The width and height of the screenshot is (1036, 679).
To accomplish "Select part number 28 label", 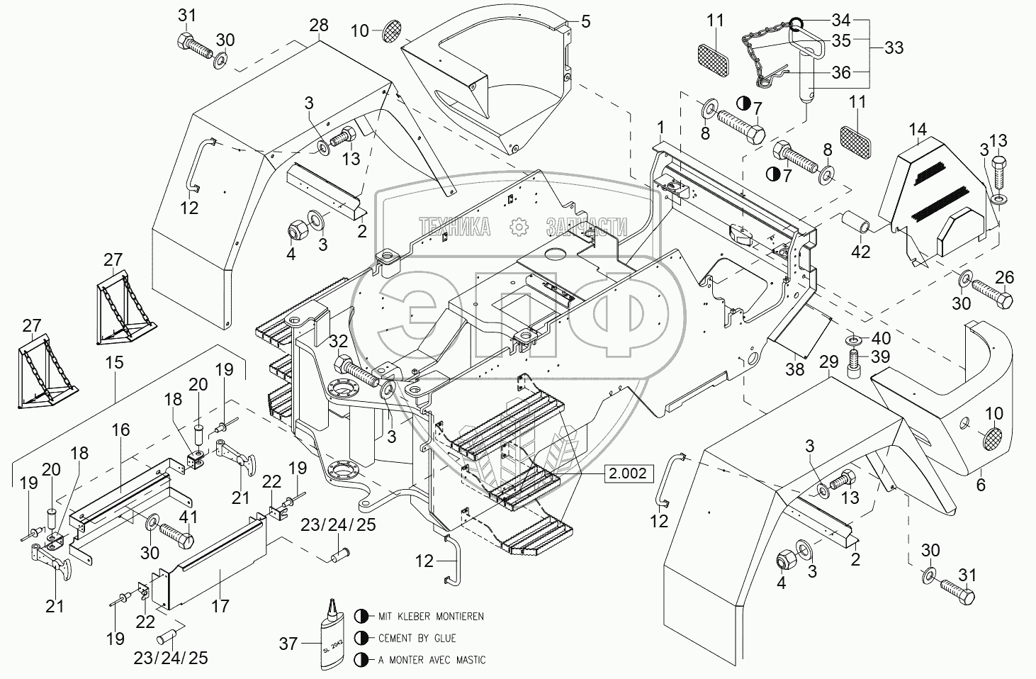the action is coord(318,26).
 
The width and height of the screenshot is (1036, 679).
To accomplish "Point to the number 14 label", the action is coord(918,130).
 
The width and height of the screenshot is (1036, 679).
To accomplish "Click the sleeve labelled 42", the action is coord(856,223).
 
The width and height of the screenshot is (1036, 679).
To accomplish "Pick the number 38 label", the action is coord(795,369).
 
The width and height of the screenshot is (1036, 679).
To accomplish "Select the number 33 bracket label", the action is coord(894,47).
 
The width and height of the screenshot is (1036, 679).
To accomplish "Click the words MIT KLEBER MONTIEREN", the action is coord(431,616).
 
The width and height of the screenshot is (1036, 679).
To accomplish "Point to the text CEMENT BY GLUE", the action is coord(417,639).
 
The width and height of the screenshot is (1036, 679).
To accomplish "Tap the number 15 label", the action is coord(114,362).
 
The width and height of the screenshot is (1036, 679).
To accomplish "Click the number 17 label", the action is coord(220,606).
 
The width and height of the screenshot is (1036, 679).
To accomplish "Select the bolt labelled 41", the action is coord(176,537).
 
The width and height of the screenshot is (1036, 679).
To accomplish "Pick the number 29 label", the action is coord(829,361).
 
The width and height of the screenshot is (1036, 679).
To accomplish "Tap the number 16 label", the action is coord(120,430).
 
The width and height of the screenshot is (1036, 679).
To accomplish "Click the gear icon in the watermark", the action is coord(519,227).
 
